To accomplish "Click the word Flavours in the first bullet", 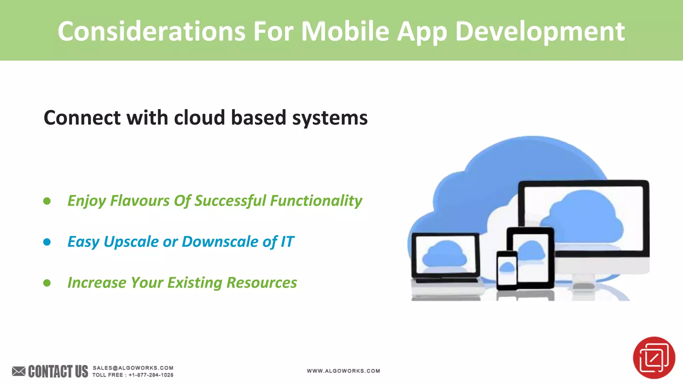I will coord(140,201).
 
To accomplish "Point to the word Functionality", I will coord(316,201).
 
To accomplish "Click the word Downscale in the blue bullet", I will coord(220,242).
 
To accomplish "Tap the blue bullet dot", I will coord(47,242).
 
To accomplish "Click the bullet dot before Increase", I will coord(47,283).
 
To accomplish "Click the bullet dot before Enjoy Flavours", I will coord(47,201).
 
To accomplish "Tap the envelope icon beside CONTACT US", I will coord(19,371).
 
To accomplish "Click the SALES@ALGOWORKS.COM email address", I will coord(133,368).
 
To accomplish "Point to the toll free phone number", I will coord(151,375).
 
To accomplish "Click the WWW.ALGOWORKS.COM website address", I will coord(343,371).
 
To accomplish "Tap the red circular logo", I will coord(654,358).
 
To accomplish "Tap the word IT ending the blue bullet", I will coord(287,242).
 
